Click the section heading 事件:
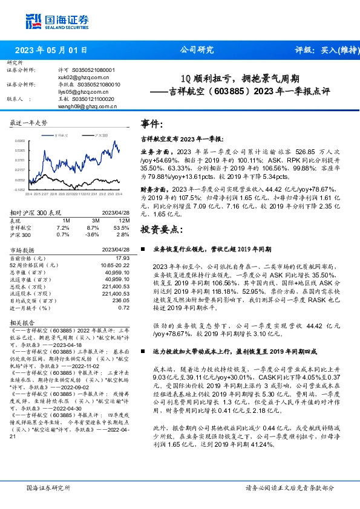coord(152,124)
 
